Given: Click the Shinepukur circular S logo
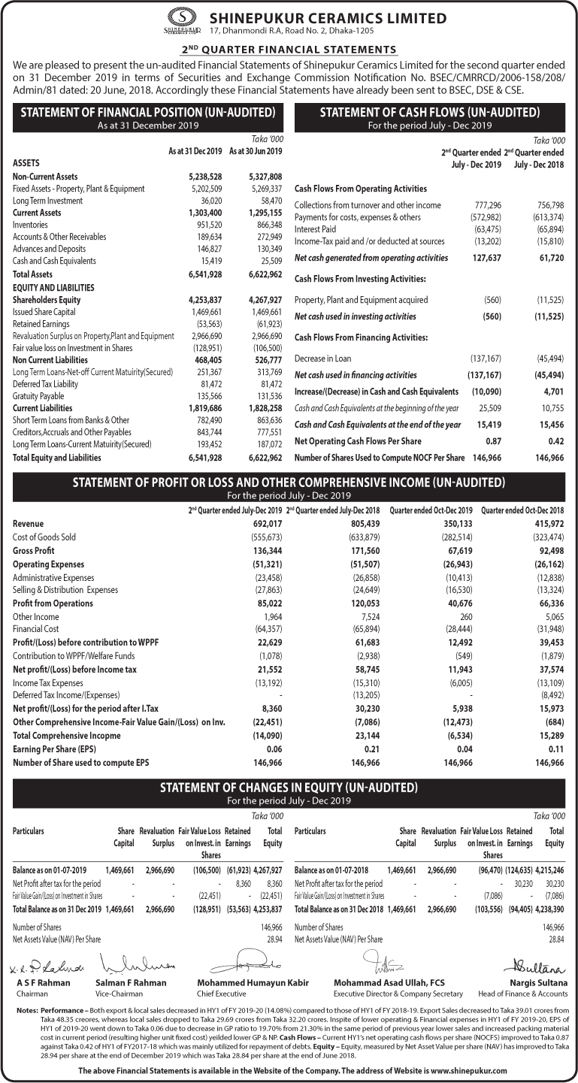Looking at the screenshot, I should [x=179, y=17].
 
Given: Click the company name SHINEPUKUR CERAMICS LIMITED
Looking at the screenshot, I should [x=328, y=18].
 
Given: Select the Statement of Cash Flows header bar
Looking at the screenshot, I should [x=429, y=116].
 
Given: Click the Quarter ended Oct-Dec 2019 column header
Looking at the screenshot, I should [x=431, y=511].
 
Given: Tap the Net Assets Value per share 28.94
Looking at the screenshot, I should [x=274, y=939].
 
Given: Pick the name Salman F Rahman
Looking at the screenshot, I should [x=129, y=983].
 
